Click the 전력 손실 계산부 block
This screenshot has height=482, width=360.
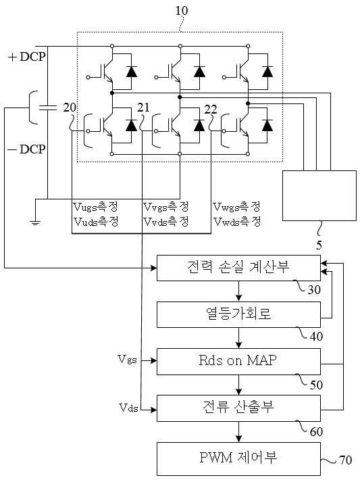coord(238,268)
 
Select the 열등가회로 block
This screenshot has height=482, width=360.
coord(238,314)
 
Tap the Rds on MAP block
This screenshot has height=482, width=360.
coord(238,361)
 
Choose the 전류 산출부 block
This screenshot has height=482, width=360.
coord(238,408)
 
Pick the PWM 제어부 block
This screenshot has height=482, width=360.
coord(238,459)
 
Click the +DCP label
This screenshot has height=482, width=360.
coord(27,57)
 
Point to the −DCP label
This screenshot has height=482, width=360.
coord(26,149)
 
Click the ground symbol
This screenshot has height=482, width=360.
coord(35,222)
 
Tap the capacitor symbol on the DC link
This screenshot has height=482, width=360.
coord(47,107)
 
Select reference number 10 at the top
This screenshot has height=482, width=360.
coord(182,11)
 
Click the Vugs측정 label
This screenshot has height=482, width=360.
coord(95,207)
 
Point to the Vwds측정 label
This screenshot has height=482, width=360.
coord(237,221)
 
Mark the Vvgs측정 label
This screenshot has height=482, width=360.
coord(166,207)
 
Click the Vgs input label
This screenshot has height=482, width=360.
coord(127,360)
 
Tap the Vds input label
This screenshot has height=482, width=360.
coord(128,408)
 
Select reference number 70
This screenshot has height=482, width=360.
coord(346,460)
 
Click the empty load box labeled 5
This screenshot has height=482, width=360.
coord(319,195)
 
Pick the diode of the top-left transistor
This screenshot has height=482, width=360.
coord(132,72)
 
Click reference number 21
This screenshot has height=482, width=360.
coord(143,107)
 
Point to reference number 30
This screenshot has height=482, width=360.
coord(314,290)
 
